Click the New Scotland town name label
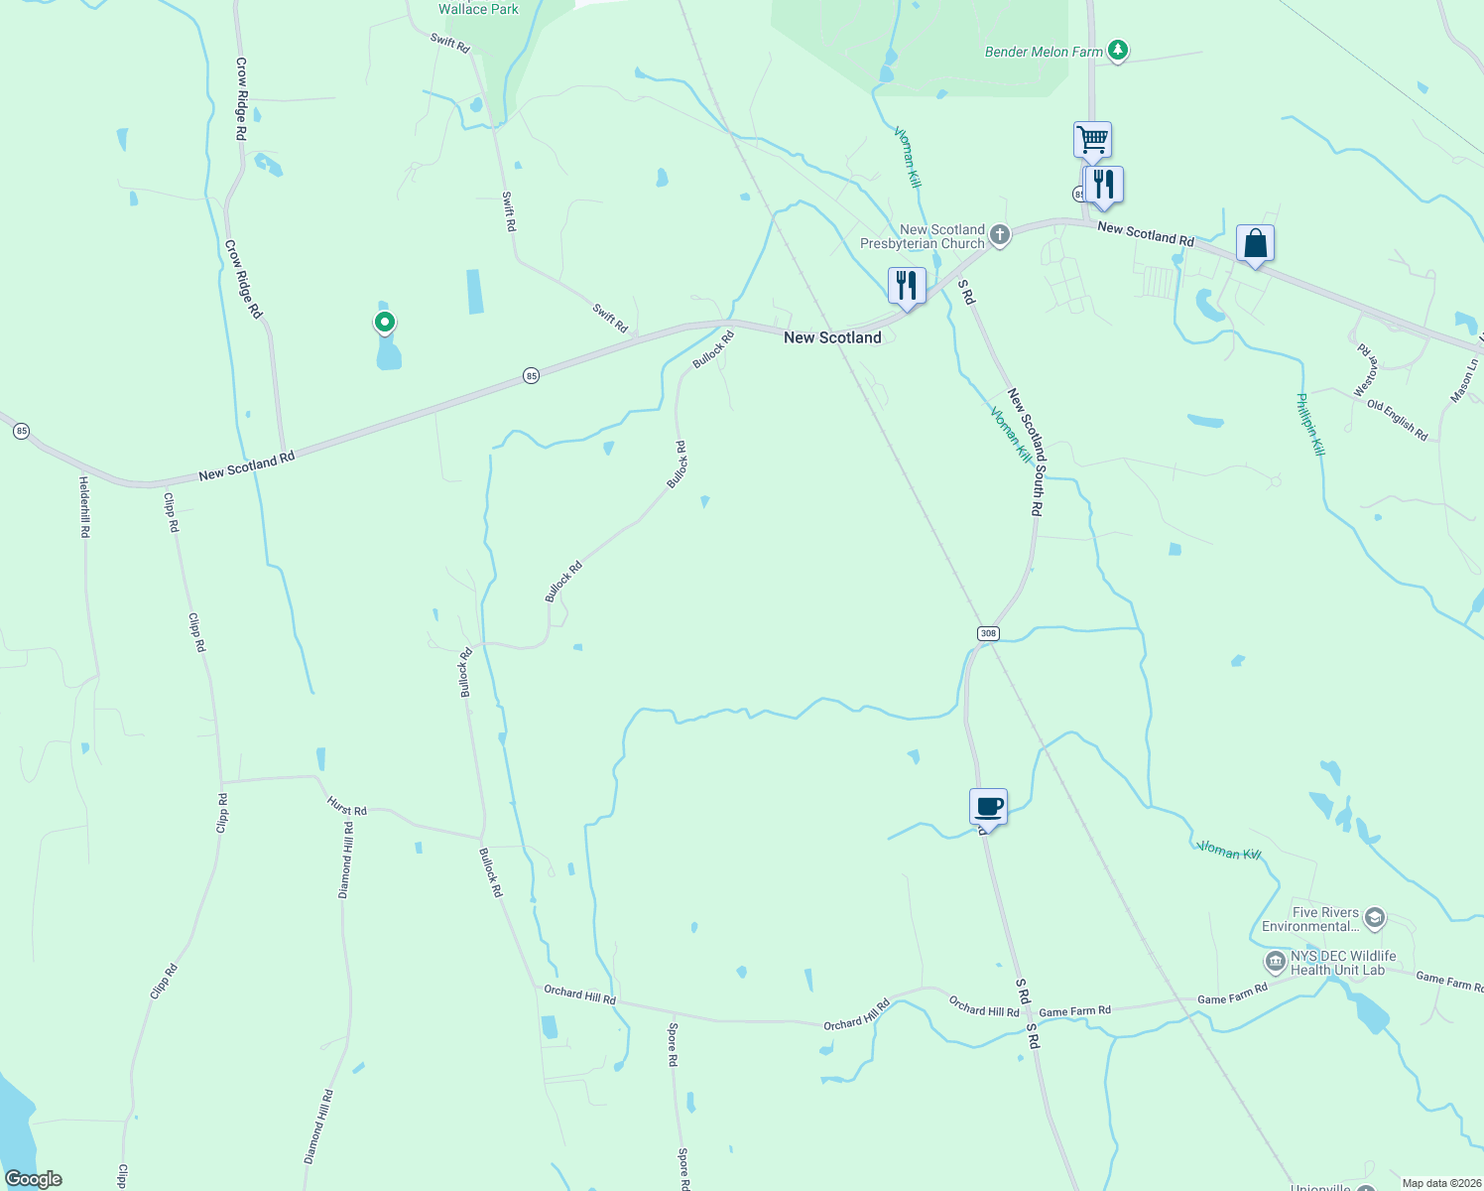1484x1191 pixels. tap(832, 337)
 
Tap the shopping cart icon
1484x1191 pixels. tap(1092, 139)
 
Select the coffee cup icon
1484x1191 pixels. tap(988, 806)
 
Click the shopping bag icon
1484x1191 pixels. tap(1255, 243)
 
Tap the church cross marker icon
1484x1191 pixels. tap(1000, 235)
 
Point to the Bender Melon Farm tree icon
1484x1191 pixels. tap(1118, 50)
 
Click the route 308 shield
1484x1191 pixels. tap(987, 633)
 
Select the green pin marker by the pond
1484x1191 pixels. tap(384, 322)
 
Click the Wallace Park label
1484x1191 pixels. tap(478, 9)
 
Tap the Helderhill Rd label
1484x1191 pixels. tap(85, 506)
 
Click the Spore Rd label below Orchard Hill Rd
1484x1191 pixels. tap(673, 1044)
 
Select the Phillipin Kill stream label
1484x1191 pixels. tap(1310, 424)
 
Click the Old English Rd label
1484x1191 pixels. tap(1397, 420)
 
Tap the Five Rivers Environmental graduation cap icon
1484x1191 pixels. tap(1374, 917)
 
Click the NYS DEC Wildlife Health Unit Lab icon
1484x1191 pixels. tap(1275, 961)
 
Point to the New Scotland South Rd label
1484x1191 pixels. tap(1026, 452)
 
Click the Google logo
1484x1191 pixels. tap(34, 1179)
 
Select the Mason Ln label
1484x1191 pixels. tap(1463, 380)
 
